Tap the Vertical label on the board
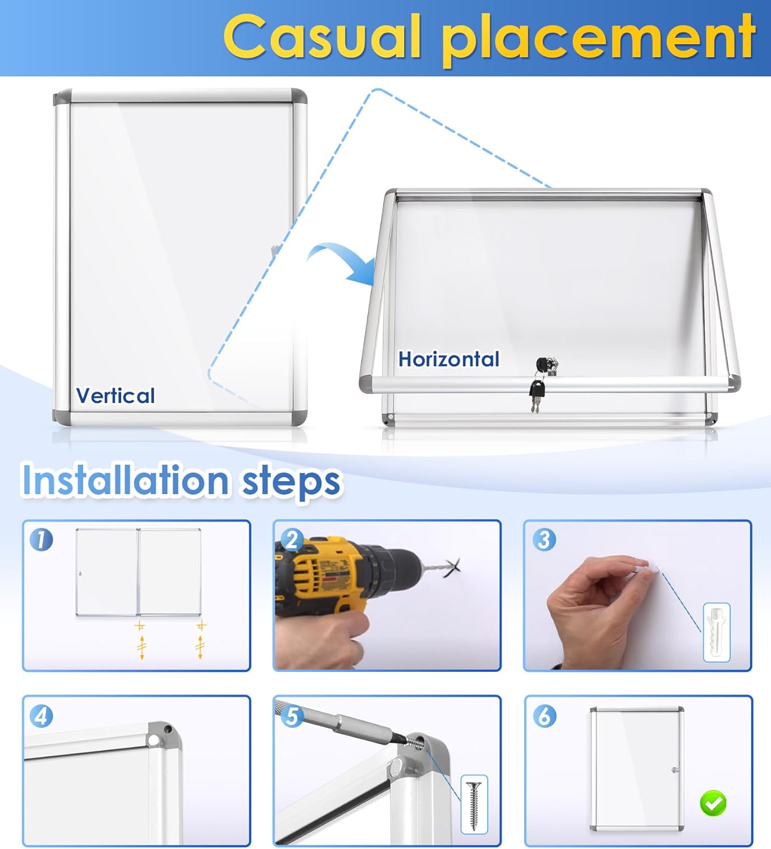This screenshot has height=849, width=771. (x=115, y=395)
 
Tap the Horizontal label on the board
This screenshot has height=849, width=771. (x=448, y=359)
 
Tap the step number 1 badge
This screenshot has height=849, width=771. (x=41, y=539)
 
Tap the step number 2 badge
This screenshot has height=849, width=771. (x=292, y=539)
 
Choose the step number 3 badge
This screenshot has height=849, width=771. (x=544, y=539)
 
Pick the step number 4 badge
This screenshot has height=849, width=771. (x=41, y=716)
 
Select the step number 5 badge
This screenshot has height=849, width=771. (x=292, y=716)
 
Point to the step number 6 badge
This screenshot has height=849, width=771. (x=544, y=716)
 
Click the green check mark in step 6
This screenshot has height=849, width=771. (x=713, y=803)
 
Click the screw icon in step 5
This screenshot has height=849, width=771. (x=474, y=804)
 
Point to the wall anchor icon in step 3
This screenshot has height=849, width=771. (x=716, y=632)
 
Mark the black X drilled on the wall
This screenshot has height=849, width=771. (x=453, y=568)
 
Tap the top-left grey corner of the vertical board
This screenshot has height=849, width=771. (x=62, y=97)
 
